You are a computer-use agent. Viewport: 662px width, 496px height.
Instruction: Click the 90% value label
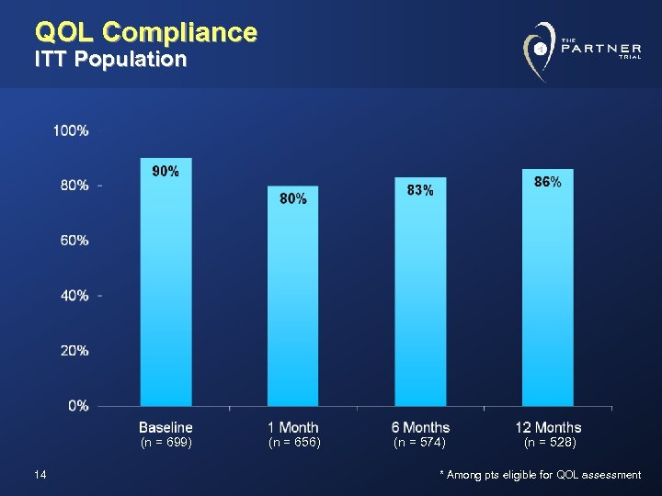(x=165, y=172)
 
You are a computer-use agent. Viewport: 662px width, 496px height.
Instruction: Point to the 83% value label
(x=420, y=190)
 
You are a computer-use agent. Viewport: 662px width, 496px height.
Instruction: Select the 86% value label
(x=548, y=183)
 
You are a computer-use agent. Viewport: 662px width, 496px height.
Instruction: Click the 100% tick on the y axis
(x=71, y=130)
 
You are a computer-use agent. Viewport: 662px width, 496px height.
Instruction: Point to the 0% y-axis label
(x=78, y=405)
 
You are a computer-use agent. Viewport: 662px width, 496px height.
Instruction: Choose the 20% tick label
(x=74, y=350)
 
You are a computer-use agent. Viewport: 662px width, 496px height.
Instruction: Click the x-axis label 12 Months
(x=548, y=427)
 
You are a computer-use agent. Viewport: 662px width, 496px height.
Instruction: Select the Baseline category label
(x=165, y=427)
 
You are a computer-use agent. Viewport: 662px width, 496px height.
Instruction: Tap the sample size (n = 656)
(x=293, y=443)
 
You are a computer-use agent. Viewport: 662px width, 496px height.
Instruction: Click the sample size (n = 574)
(x=420, y=443)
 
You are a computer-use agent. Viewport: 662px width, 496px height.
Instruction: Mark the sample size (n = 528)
(x=549, y=443)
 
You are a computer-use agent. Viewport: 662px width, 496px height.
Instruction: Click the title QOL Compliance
(x=145, y=33)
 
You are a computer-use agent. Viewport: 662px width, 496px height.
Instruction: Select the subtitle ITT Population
(x=110, y=61)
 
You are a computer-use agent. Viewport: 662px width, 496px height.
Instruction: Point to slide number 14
(x=40, y=474)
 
